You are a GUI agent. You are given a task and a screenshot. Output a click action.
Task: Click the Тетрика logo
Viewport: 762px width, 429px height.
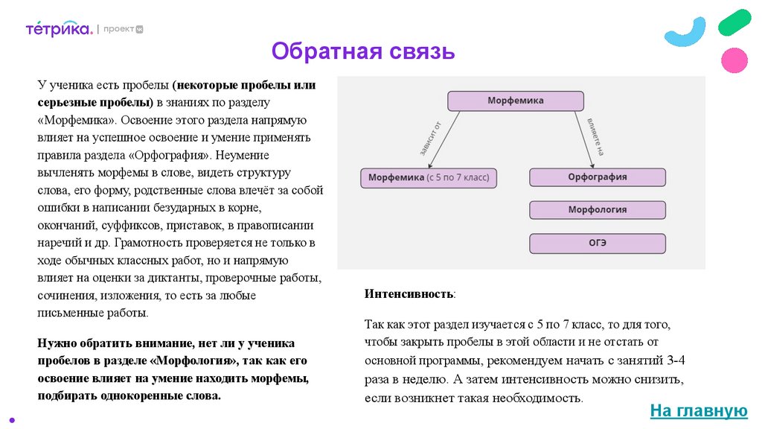tap(59, 29)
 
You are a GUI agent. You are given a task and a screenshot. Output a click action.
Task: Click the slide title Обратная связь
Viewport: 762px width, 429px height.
tap(362, 52)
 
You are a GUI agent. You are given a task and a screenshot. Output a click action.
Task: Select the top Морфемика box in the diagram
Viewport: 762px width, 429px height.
tap(515, 101)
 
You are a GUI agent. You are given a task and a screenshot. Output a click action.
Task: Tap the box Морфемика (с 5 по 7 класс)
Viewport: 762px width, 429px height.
tap(429, 178)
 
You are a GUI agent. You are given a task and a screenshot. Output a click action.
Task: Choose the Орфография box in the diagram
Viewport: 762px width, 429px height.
tap(597, 177)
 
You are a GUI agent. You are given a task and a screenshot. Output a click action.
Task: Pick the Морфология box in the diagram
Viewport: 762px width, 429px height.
tap(597, 210)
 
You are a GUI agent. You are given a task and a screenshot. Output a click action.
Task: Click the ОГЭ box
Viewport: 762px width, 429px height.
tap(597, 243)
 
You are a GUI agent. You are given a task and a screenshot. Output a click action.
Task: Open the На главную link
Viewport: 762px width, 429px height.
tap(698, 410)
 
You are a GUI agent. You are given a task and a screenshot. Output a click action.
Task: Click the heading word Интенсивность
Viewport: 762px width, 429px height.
tap(409, 294)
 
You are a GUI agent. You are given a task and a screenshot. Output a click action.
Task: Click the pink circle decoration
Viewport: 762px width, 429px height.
tap(734, 60)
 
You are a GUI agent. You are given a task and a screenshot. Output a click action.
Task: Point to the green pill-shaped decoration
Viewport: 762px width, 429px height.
tap(734, 22)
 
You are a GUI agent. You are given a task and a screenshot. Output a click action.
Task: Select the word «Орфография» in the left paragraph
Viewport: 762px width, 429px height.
tap(171, 155)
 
